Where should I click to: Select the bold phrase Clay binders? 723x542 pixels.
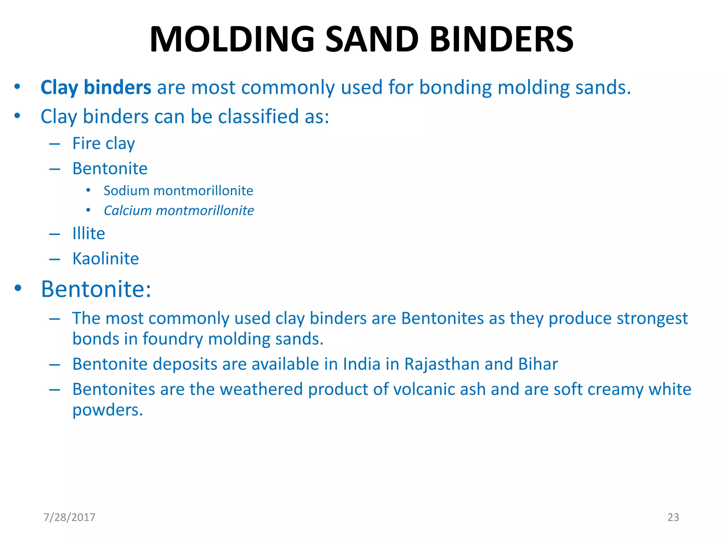coord(96,87)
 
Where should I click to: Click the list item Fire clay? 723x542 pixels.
coord(103,144)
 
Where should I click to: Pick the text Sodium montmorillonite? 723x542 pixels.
coord(178,191)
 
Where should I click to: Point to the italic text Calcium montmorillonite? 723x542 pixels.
coord(179,211)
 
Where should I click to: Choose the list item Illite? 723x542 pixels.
coord(89,234)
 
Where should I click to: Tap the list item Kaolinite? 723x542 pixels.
coord(106,259)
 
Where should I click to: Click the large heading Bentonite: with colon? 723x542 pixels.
coord(96,289)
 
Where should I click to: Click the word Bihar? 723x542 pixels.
coord(538,364)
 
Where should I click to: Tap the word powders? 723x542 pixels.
coord(107,410)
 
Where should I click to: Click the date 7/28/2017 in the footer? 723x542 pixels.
coord(70,517)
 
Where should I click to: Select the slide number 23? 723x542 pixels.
coord(673,517)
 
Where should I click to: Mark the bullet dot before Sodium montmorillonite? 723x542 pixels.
coord(88,191)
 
